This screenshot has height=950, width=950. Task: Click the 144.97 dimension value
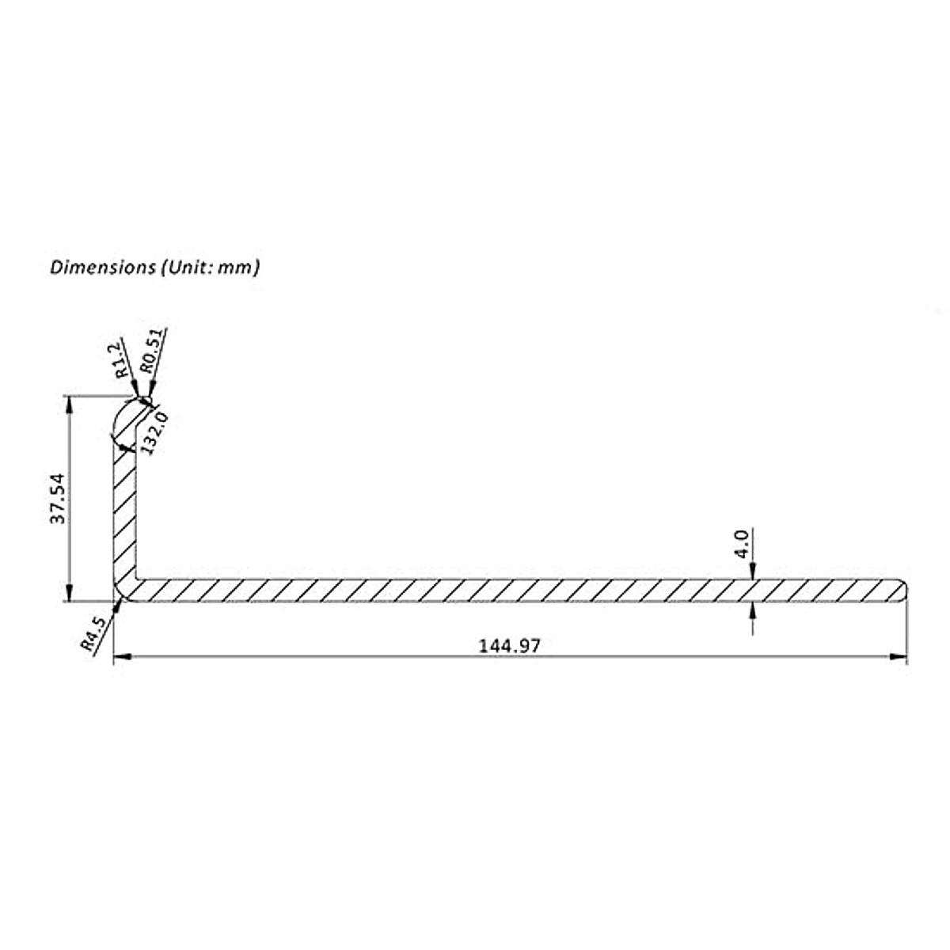[x=510, y=646]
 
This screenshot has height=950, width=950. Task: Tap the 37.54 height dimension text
[x=57, y=499]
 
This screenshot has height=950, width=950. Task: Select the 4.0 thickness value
[x=741, y=545]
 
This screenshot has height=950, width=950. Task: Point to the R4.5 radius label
[x=93, y=634]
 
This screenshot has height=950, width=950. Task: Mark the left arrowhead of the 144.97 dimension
[x=122, y=656]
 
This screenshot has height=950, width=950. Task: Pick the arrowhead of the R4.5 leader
[x=120, y=603]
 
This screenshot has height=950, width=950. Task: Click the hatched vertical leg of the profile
[x=123, y=515]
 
